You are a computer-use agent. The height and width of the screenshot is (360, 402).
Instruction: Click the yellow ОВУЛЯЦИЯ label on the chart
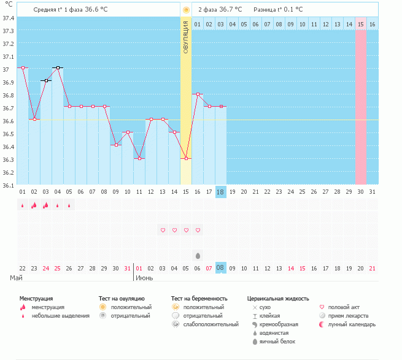(x=185, y=37)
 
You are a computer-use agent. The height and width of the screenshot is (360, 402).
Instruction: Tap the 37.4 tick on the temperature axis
(x=8, y=18)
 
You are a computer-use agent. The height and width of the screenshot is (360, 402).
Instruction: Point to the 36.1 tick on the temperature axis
(x=8, y=184)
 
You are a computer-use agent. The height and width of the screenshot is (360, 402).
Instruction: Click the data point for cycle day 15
(x=186, y=158)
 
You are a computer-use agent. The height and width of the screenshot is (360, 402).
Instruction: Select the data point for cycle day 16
(x=198, y=94)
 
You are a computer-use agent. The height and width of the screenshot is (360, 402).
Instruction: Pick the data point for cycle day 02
(x=34, y=119)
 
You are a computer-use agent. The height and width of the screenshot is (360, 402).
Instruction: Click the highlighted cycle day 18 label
(x=221, y=192)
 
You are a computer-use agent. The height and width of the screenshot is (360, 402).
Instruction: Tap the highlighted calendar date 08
(x=221, y=268)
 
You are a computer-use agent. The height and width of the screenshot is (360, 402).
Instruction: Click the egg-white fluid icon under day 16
(x=198, y=255)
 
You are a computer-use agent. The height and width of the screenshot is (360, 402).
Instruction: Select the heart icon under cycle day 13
(x=163, y=230)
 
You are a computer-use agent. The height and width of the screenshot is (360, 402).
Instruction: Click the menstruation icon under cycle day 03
(x=46, y=205)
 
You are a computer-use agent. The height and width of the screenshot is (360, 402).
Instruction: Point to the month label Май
(x=17, y=278)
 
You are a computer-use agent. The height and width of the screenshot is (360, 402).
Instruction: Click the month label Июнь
(x=144, y=278)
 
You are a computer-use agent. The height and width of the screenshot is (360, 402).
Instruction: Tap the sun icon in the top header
(x=186, y=10)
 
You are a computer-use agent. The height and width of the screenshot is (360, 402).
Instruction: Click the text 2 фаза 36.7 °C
(x=220, y=10)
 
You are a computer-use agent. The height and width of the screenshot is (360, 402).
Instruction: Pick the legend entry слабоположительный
(x=211, y=324)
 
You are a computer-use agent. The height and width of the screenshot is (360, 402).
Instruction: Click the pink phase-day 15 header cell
(x=361, y=24)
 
